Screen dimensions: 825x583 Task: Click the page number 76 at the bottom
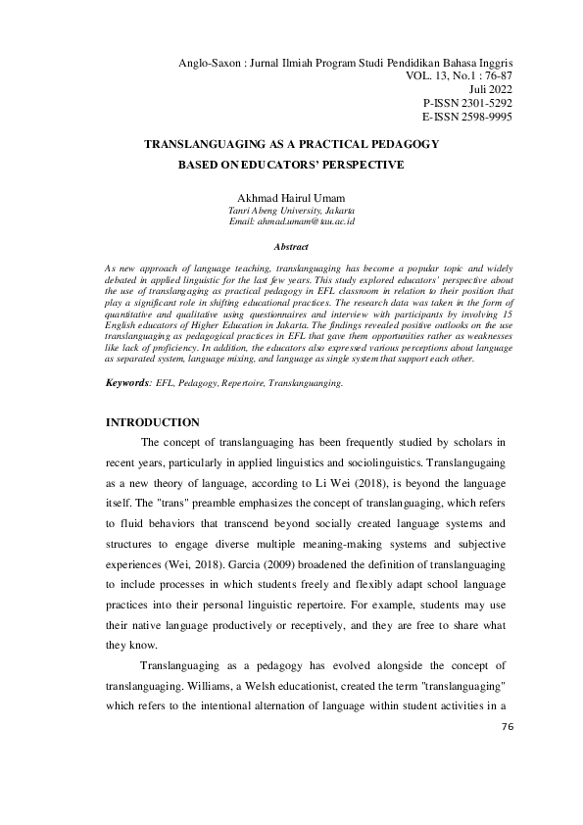point(507,727)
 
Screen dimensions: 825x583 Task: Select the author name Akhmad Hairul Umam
point(291,196)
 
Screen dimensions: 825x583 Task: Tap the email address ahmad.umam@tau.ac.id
point(291,222)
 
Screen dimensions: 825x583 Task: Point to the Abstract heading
point(291,247)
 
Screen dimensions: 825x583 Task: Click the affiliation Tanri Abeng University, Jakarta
point(291,210)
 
